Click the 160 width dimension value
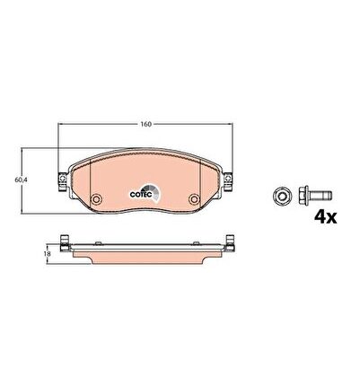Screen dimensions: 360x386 coord(146,124)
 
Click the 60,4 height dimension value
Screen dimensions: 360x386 coord(20,180)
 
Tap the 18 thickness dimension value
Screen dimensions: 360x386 coord(48,254)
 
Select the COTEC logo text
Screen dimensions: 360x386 coord(141,195)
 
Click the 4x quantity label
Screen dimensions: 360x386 coord(325,217)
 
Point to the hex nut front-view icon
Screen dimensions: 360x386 coord(282,197)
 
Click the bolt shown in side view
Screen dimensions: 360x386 coord(315,196)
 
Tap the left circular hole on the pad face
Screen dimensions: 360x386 coord(97,198)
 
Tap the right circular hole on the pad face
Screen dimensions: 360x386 coord(194,198)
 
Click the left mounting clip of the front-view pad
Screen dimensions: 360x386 coord(63,182)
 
